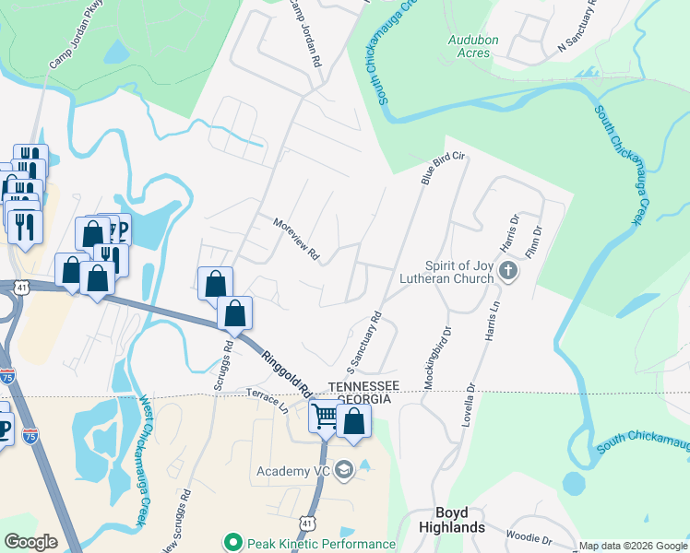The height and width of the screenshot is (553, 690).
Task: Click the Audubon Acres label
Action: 473,46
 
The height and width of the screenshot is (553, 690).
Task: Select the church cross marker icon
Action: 507,271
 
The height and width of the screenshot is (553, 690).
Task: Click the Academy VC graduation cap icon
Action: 344,471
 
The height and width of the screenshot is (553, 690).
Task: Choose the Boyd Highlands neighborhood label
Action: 460,520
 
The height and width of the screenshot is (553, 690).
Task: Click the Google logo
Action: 31,542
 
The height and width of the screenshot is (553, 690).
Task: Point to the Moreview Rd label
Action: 295,239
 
